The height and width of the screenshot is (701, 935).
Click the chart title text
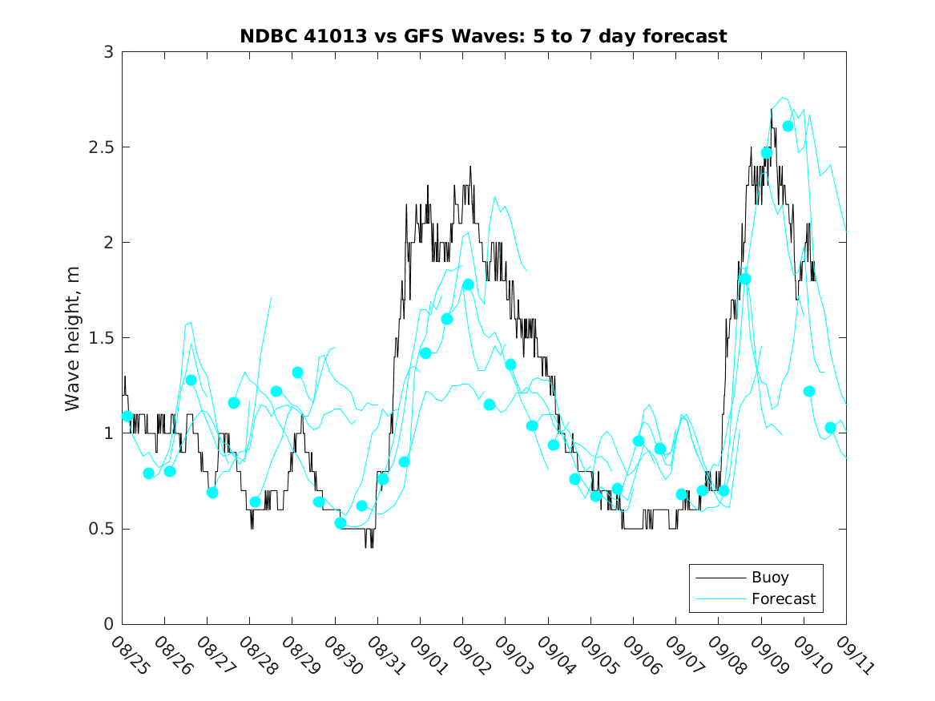pyautogui.click(x=483, y=36)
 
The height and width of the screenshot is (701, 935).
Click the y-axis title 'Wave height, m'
pyautogui.click(x=73, y=337)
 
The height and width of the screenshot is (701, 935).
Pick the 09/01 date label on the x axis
pyautogui.click(x=426, y=656)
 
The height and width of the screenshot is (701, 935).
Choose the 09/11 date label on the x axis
pyautogui.click(x=852, y=656)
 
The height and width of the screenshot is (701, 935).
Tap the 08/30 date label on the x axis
pyautogui.click(x=341, y=656)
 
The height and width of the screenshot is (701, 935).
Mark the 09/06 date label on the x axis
pyautogui.click(x=639, y=656)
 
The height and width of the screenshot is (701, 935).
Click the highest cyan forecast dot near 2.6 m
pyautogui.click(x=788, y=126)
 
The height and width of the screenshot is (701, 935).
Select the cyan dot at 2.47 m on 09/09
pyautogui.click(x=767, y=153)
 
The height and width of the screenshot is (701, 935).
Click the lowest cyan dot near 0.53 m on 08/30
pyautogui.click(x=341, y=523)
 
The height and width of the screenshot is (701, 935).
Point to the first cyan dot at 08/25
pyautogui.click(x=127, y=417)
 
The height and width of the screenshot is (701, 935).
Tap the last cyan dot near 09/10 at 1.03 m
pyautogui.click(x=830, y=428)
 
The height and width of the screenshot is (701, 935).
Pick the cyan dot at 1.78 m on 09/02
pyautogui.click(x=468, y=284)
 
